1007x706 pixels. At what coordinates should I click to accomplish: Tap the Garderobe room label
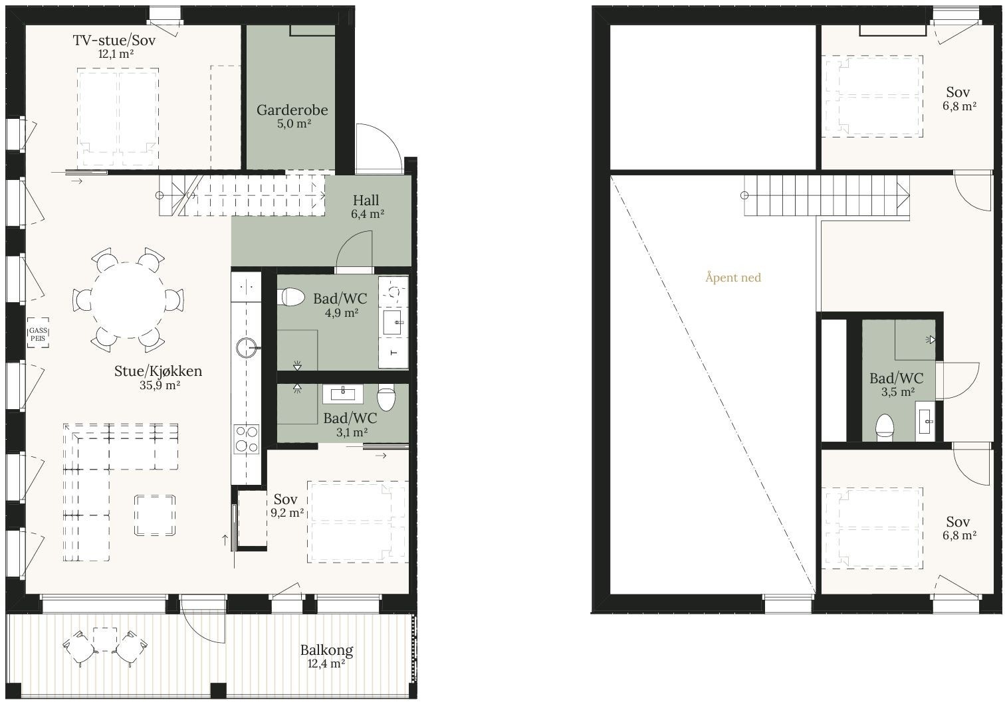[x=292, y=116]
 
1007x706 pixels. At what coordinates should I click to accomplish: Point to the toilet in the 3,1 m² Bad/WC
[x=386, y=398]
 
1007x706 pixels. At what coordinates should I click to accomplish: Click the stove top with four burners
[x=246, y=439]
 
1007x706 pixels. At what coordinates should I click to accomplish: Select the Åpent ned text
[x=732, y=278]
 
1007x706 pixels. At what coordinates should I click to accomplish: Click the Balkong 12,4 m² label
[x=326, y=656]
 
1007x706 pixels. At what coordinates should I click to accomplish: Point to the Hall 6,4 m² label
[x=366, y=206]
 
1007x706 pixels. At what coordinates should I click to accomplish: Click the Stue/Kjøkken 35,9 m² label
[x=158, y=377]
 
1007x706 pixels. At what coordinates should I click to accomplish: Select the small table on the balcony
[x=105, y=639]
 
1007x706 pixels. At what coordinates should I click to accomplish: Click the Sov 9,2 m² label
[x=286, y=505]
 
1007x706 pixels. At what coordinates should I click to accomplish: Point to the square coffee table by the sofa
[x=155, y=515]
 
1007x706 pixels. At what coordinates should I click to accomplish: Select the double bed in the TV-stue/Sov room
[x=118, y=117]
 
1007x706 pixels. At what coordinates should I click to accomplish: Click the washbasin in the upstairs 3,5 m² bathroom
[x=925, y=420]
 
